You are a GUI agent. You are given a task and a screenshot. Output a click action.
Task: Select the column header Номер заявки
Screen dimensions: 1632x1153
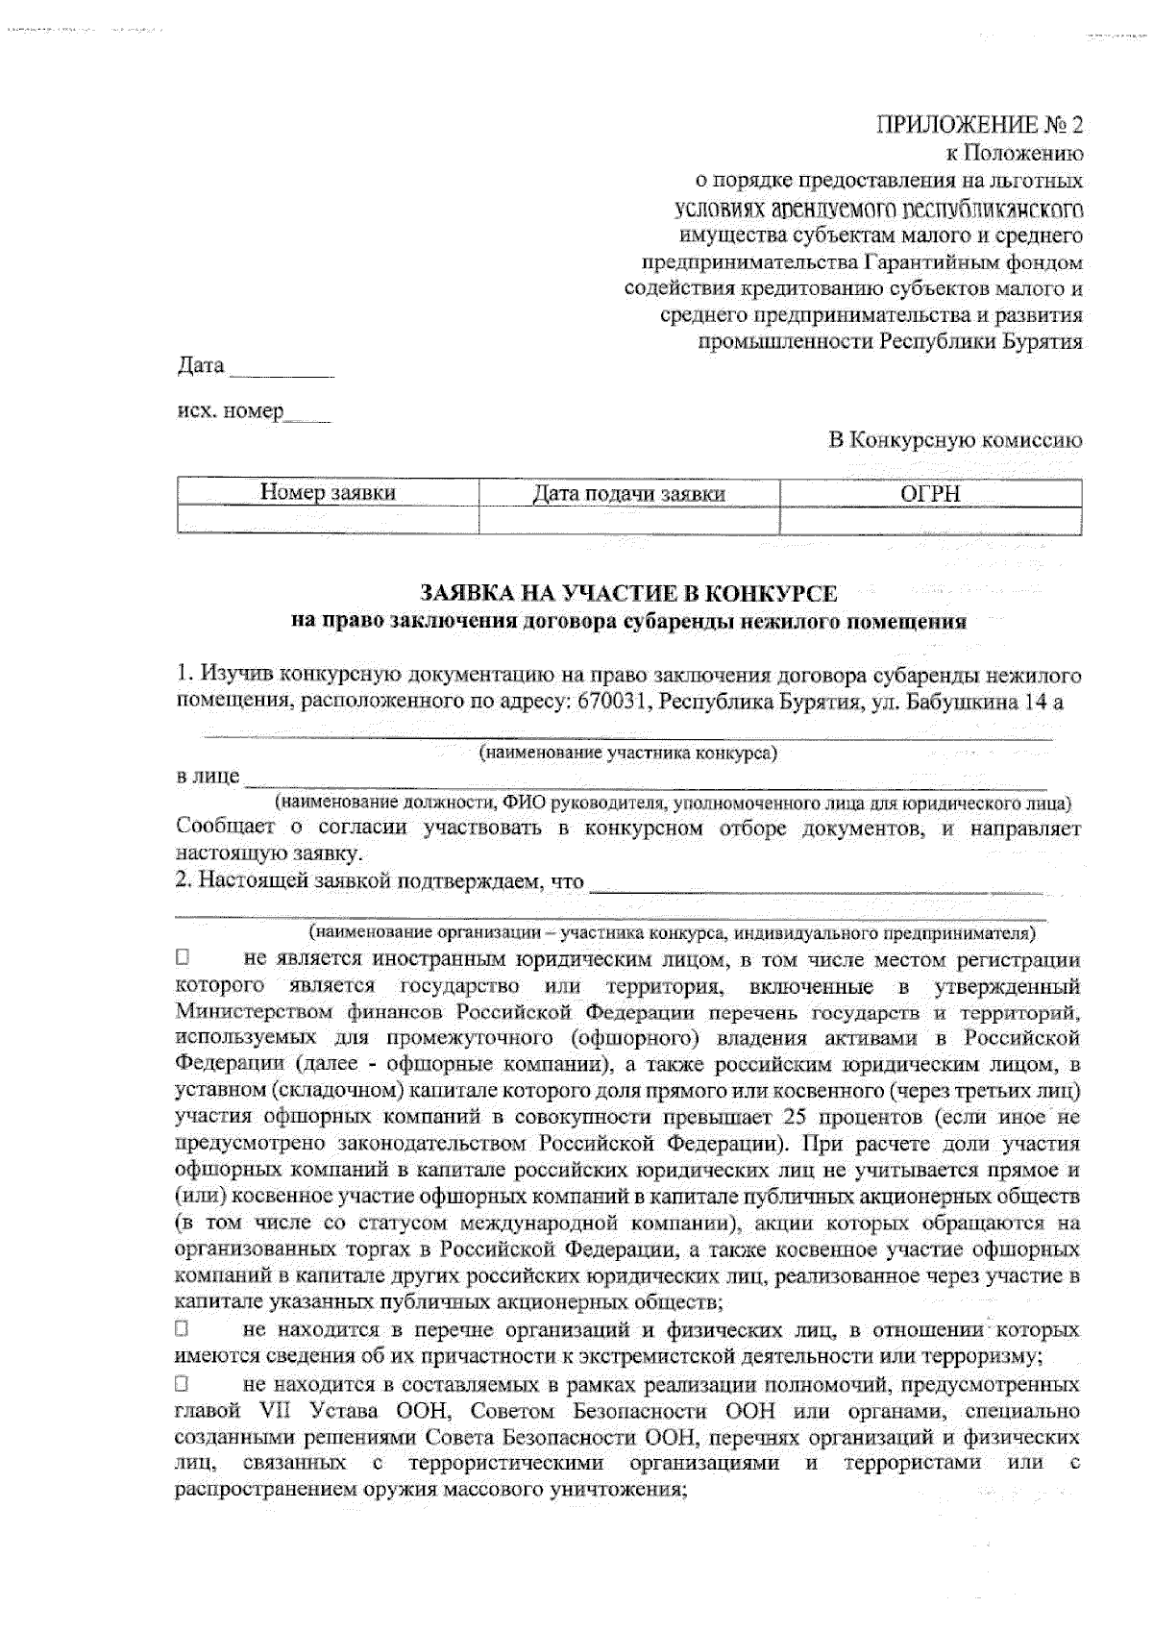[x=328, y=494]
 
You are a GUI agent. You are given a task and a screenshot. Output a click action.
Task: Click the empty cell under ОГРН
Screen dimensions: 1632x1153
[x=930, y=520]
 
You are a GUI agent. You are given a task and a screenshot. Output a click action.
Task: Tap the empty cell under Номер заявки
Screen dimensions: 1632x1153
[x=328, y=520]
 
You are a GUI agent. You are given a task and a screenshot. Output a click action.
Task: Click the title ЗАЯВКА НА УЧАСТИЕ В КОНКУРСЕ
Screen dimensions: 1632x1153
[x=628, y=594]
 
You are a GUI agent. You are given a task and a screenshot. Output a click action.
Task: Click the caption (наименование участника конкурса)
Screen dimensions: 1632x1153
[x=628, y=754]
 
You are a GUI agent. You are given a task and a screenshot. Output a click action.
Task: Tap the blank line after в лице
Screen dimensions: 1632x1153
[x=644, y=779]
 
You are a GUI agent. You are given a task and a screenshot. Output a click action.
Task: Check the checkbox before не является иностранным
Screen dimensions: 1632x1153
[x=182, y=958]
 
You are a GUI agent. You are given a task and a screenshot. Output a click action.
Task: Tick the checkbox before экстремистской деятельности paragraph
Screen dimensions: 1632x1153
[x=182, y=1330]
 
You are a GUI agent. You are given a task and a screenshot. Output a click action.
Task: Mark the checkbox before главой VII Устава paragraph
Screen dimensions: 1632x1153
[x=182, y=1385]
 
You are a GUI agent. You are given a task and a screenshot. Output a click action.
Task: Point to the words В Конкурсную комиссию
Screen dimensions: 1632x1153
[x=955, y=440]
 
